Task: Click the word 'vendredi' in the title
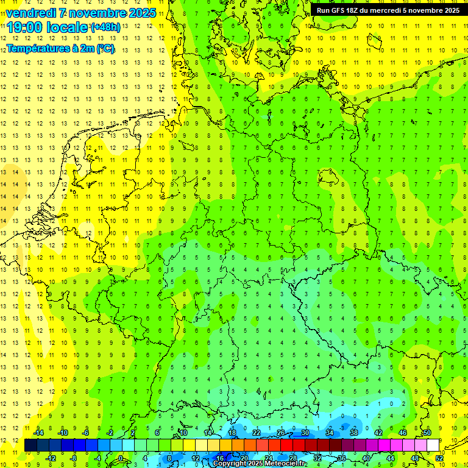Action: (31, 13)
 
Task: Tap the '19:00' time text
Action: (24, 27)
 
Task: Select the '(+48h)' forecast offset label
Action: (105, 27)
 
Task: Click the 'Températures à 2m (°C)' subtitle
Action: (60, 48)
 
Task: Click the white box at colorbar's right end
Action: (433, 445)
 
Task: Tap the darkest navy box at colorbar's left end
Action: (30, 445)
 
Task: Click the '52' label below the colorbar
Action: (439, 458)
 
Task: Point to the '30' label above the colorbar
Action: (305, 433)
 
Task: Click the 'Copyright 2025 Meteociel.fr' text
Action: (260, 464)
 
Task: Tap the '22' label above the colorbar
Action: (257, 433)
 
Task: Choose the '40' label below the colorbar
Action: (366, 458)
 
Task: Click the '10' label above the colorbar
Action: (183, 433)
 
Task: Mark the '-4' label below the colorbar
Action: (97, 458)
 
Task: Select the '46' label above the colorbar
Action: (403, 433)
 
